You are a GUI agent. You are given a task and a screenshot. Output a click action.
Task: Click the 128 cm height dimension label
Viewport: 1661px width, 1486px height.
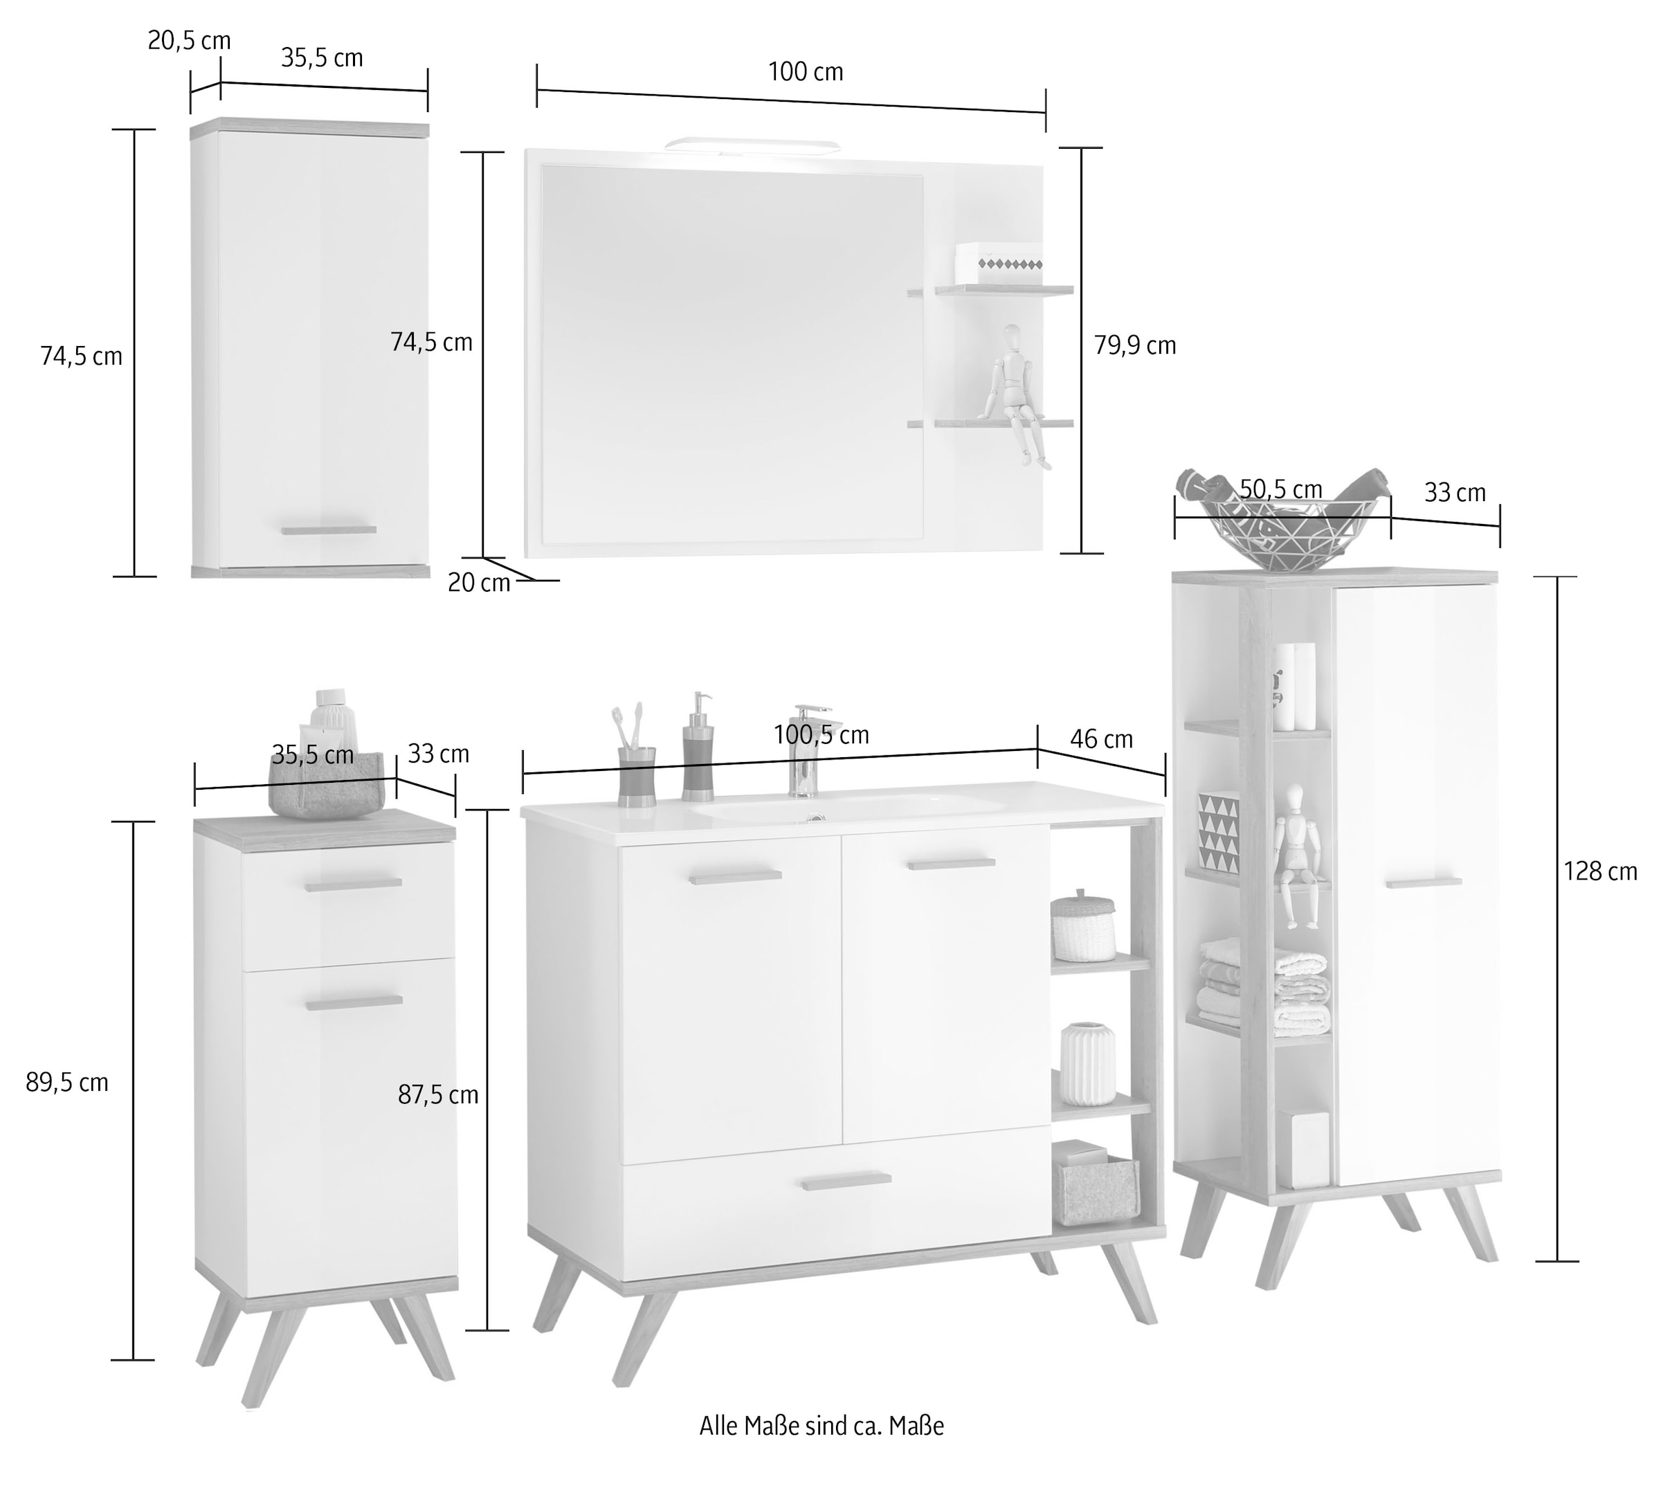coord(1600,872)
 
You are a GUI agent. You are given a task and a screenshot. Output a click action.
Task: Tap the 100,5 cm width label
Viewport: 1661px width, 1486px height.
coord(821,736)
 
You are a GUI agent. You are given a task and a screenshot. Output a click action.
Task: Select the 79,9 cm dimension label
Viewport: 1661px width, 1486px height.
coord(1134,346)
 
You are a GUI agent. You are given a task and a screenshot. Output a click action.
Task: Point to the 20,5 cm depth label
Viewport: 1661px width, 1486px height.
coord(188,41)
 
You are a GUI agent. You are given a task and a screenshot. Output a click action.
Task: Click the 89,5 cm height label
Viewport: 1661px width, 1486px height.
coord(67,1082)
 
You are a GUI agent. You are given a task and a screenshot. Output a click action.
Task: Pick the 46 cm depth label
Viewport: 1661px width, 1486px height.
coord(1101,740)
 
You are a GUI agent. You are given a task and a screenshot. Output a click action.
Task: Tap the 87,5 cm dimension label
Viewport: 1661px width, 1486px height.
coord(437,1095)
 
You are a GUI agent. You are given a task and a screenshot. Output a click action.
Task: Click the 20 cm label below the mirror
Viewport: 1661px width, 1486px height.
coord(478,583)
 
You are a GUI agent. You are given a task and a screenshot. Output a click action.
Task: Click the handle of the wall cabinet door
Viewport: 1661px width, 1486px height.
coord(329,530)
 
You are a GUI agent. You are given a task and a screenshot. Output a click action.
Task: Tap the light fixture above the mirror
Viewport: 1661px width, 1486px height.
coord(752,145)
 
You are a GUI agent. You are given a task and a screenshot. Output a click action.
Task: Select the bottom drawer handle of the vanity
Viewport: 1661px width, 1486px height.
coord(846,1181)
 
